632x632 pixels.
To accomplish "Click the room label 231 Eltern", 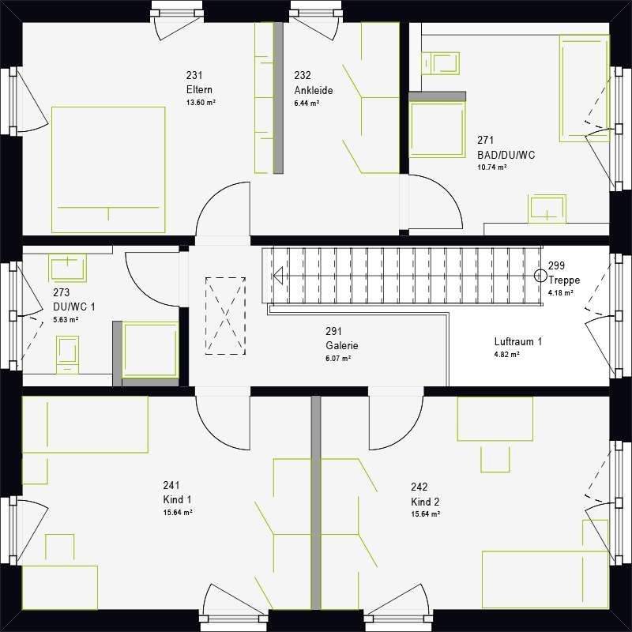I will tap(200, 83).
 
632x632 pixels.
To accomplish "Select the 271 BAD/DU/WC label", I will tap(506, 149).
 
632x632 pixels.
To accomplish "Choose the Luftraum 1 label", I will tap(517, 342).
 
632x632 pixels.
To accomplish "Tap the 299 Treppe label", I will tap(564, 273).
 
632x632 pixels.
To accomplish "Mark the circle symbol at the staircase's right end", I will tap(540, 276).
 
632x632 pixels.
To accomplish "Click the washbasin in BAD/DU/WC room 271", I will tap(547, 208).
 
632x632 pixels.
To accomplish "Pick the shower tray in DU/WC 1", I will tap(150, 350).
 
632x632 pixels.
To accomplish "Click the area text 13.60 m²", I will tap(201, 103).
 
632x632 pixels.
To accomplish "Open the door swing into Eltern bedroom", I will tap(223, 209).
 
